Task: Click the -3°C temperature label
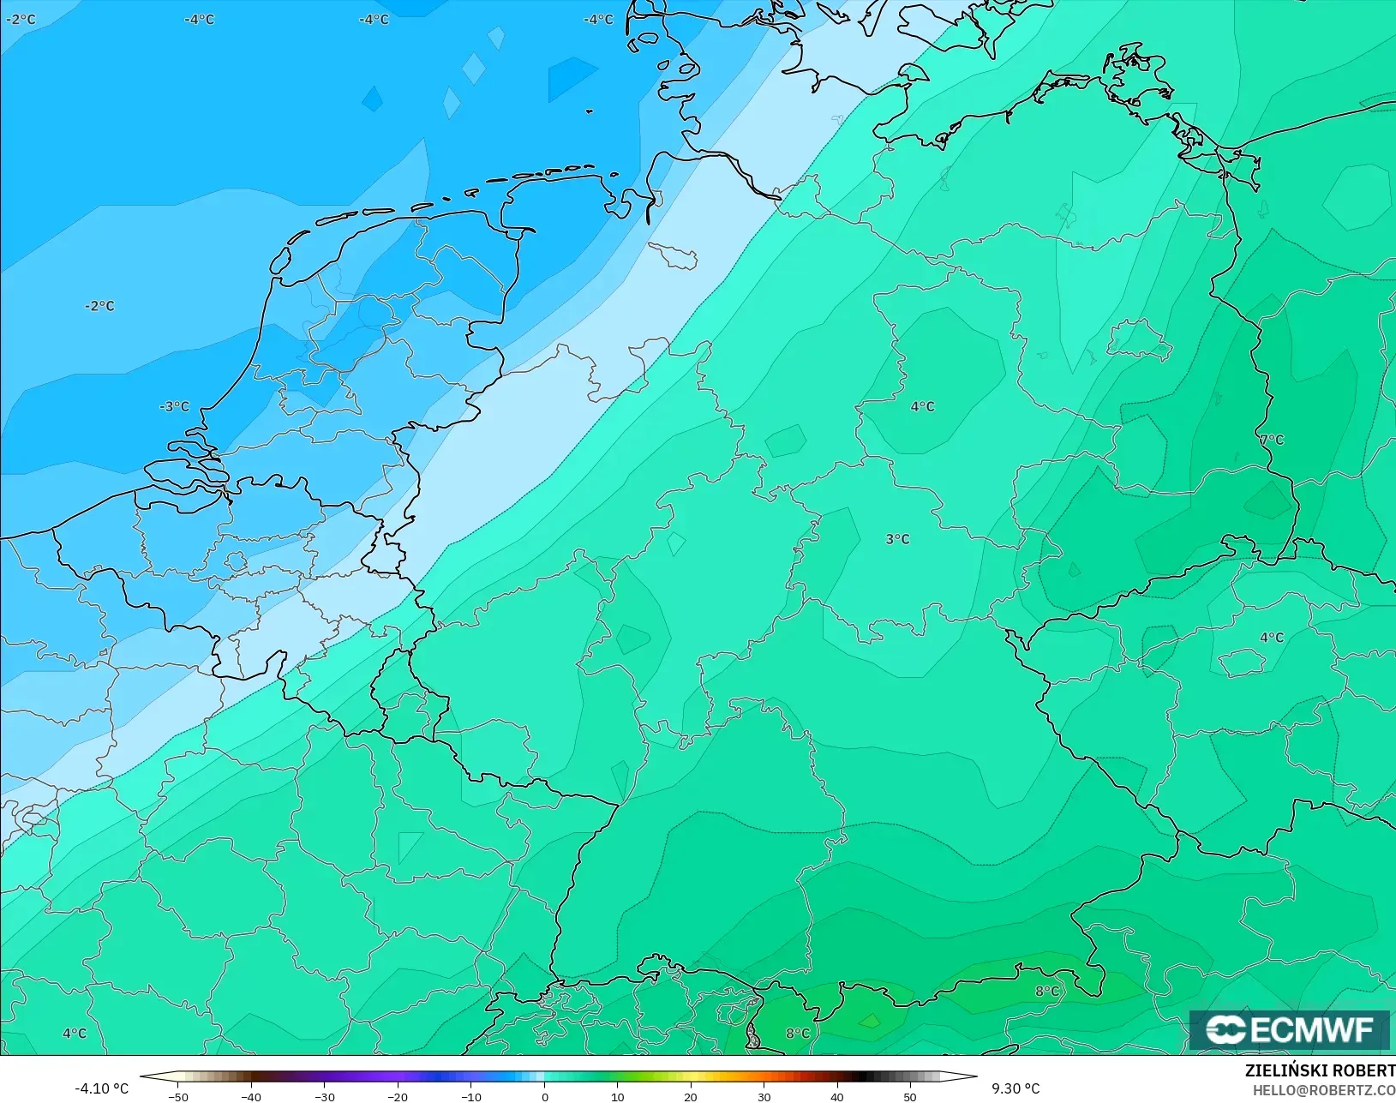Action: (x=175, y=406)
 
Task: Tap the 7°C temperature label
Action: (x=1272, y=440)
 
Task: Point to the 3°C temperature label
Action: (x=897, y=539)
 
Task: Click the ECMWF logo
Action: (x=1289, y=1029)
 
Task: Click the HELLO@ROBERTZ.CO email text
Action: (x=1323, y=1090)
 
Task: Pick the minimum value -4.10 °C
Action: (x=101, y=1088)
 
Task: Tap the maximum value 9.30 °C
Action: (x=1016, y=1088)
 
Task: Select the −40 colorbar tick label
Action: (x=251, y=1096)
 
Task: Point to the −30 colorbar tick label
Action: (x=324, y=1096)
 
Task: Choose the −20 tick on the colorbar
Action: (x=398, y=1096)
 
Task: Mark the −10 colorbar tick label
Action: (x=470, y=1096)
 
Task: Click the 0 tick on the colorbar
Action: (x=544, y=1096)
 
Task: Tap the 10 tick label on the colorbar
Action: (x=617, y=1096)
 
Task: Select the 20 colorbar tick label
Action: (x=691, y=1096)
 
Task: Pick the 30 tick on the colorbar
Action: (x=764, y=1096)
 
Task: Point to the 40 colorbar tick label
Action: (x=837, y=1096)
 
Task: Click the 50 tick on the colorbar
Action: (x=910, y=1096)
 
